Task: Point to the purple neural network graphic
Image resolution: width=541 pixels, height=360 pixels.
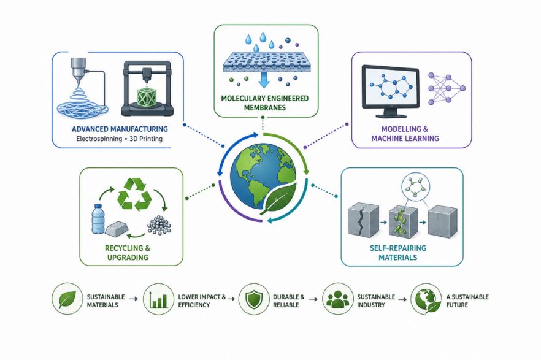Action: [447, 88]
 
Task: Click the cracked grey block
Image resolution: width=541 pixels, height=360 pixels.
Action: [364, 220]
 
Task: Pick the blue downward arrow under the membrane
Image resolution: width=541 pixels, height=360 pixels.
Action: [264, 80]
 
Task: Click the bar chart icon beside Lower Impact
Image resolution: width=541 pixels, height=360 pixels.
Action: [159, 299]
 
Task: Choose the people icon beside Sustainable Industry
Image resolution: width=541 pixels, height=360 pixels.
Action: [338, 299]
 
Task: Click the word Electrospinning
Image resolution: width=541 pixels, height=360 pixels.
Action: [99, 139]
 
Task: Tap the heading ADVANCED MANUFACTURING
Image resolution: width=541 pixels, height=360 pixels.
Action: [120, 129]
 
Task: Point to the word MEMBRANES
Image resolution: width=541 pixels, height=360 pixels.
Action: [264, 107]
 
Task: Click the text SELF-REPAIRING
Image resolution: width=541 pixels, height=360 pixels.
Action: [398, 248]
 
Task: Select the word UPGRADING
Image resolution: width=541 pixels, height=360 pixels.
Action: [128, 257]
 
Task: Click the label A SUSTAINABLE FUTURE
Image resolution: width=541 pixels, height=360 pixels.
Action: [467, 301]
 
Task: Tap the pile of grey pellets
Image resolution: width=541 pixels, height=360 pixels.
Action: [159, 225]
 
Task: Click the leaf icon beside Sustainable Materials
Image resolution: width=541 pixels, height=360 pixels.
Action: [67, 299]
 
